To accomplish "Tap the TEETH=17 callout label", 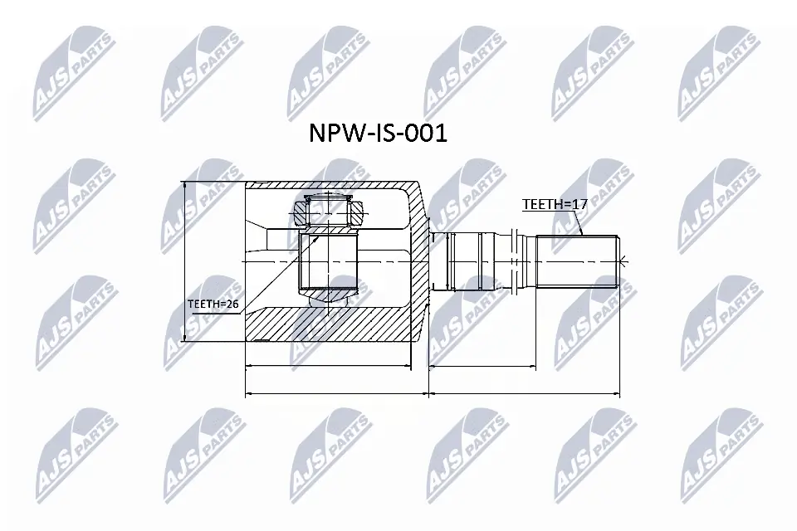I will [x=549, y=203].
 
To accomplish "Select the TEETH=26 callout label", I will [x=213, y=304].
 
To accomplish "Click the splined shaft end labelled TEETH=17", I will [x=577, y=261].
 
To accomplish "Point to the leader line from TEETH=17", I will [x=581, y=219].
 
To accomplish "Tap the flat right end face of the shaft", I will [x=619, y=261].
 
